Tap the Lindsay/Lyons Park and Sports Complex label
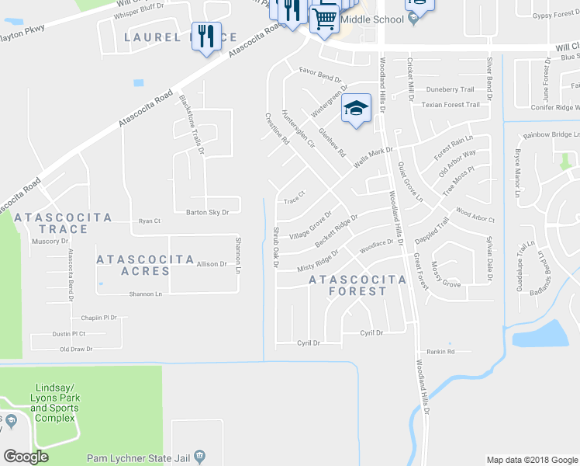55,402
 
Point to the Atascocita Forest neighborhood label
357,285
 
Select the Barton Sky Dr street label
207,212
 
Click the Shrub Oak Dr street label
275,248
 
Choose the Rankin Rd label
440,352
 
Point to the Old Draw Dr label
77,349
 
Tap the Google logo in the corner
26,456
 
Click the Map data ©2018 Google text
531,459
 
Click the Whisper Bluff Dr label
139,6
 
